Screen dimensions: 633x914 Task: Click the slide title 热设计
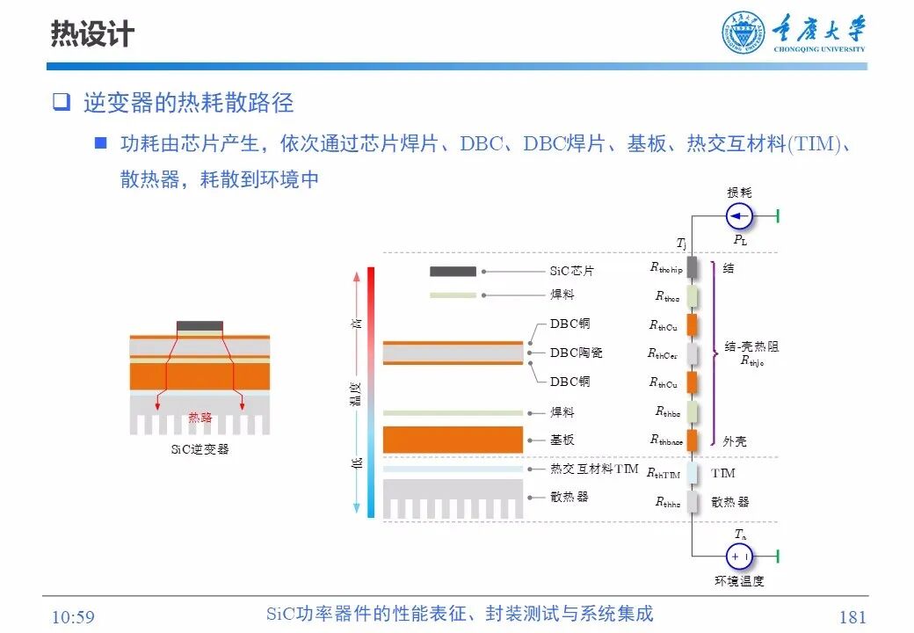point(92,34)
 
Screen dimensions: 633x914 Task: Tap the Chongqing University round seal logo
point(744,33)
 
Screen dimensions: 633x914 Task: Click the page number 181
point(852,617)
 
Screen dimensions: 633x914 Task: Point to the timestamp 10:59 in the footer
point(73,617)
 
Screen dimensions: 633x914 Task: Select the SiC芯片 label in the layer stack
point(572,272)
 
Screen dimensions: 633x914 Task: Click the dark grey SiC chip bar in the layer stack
point(453,272)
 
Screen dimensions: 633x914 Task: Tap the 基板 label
point(562,440)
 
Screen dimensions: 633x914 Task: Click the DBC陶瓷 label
point(577,353)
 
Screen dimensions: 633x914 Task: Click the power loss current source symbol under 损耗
point(739,216)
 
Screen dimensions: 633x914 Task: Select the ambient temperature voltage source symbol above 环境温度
point(739,556)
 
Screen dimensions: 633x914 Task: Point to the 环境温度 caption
point(739,581)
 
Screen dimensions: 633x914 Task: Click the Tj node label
point(681,243)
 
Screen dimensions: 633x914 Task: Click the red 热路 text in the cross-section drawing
point(200,418)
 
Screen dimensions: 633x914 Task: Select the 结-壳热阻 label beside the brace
point(751,347)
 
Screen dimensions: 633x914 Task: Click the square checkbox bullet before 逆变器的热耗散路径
point(61,102)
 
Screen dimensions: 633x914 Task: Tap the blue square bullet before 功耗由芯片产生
point(101,142)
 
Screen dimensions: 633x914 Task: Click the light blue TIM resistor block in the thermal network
point(693,473)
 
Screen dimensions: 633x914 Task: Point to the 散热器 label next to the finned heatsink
point(569,497)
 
